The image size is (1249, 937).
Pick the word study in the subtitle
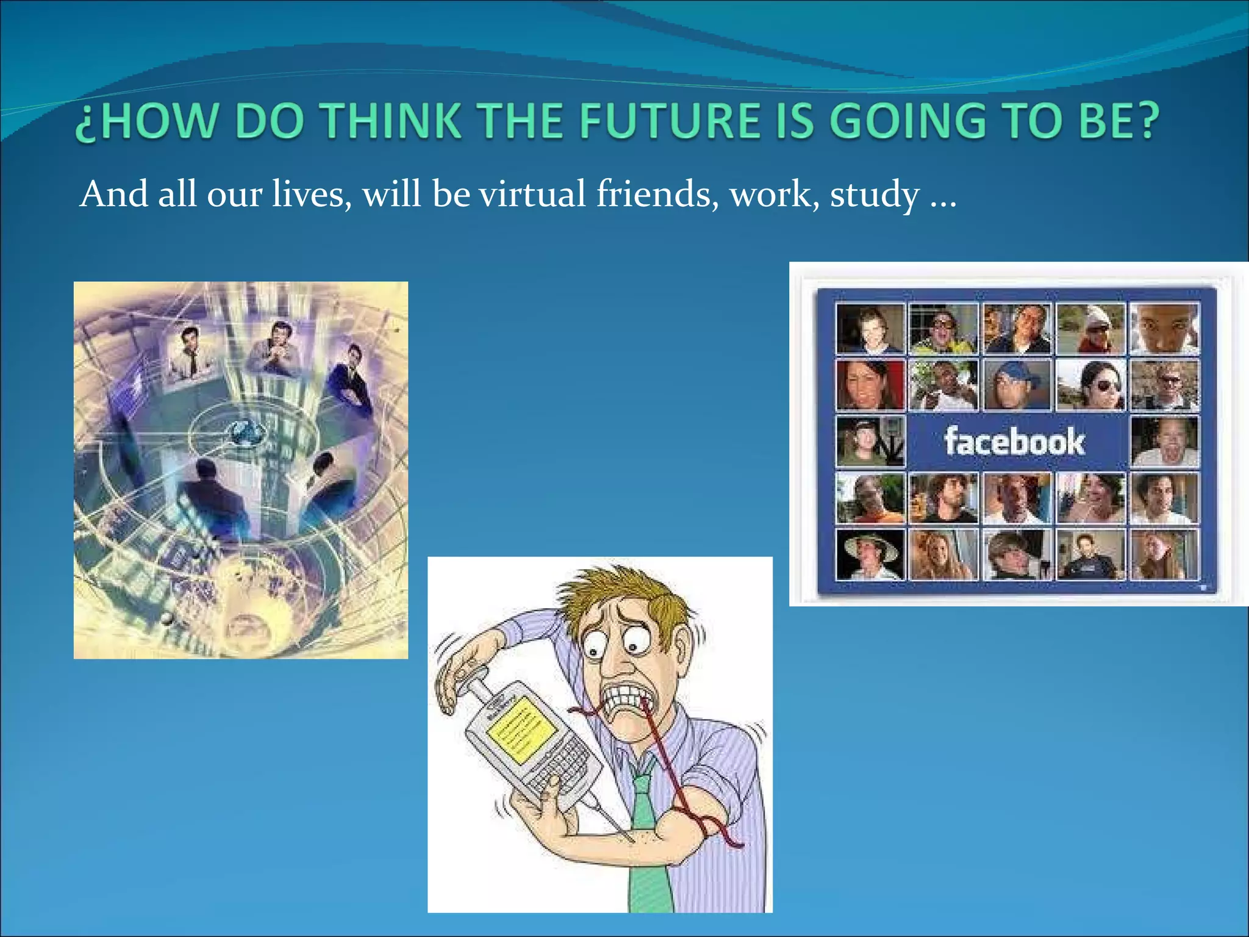point(875,195)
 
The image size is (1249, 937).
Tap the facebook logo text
point(1015,442)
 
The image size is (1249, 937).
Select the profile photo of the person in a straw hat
point(870,553)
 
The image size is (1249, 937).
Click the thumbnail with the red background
point(870,384)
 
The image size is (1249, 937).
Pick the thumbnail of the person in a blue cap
point(1017,384)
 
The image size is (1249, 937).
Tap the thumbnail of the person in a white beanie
point(1090,329)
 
